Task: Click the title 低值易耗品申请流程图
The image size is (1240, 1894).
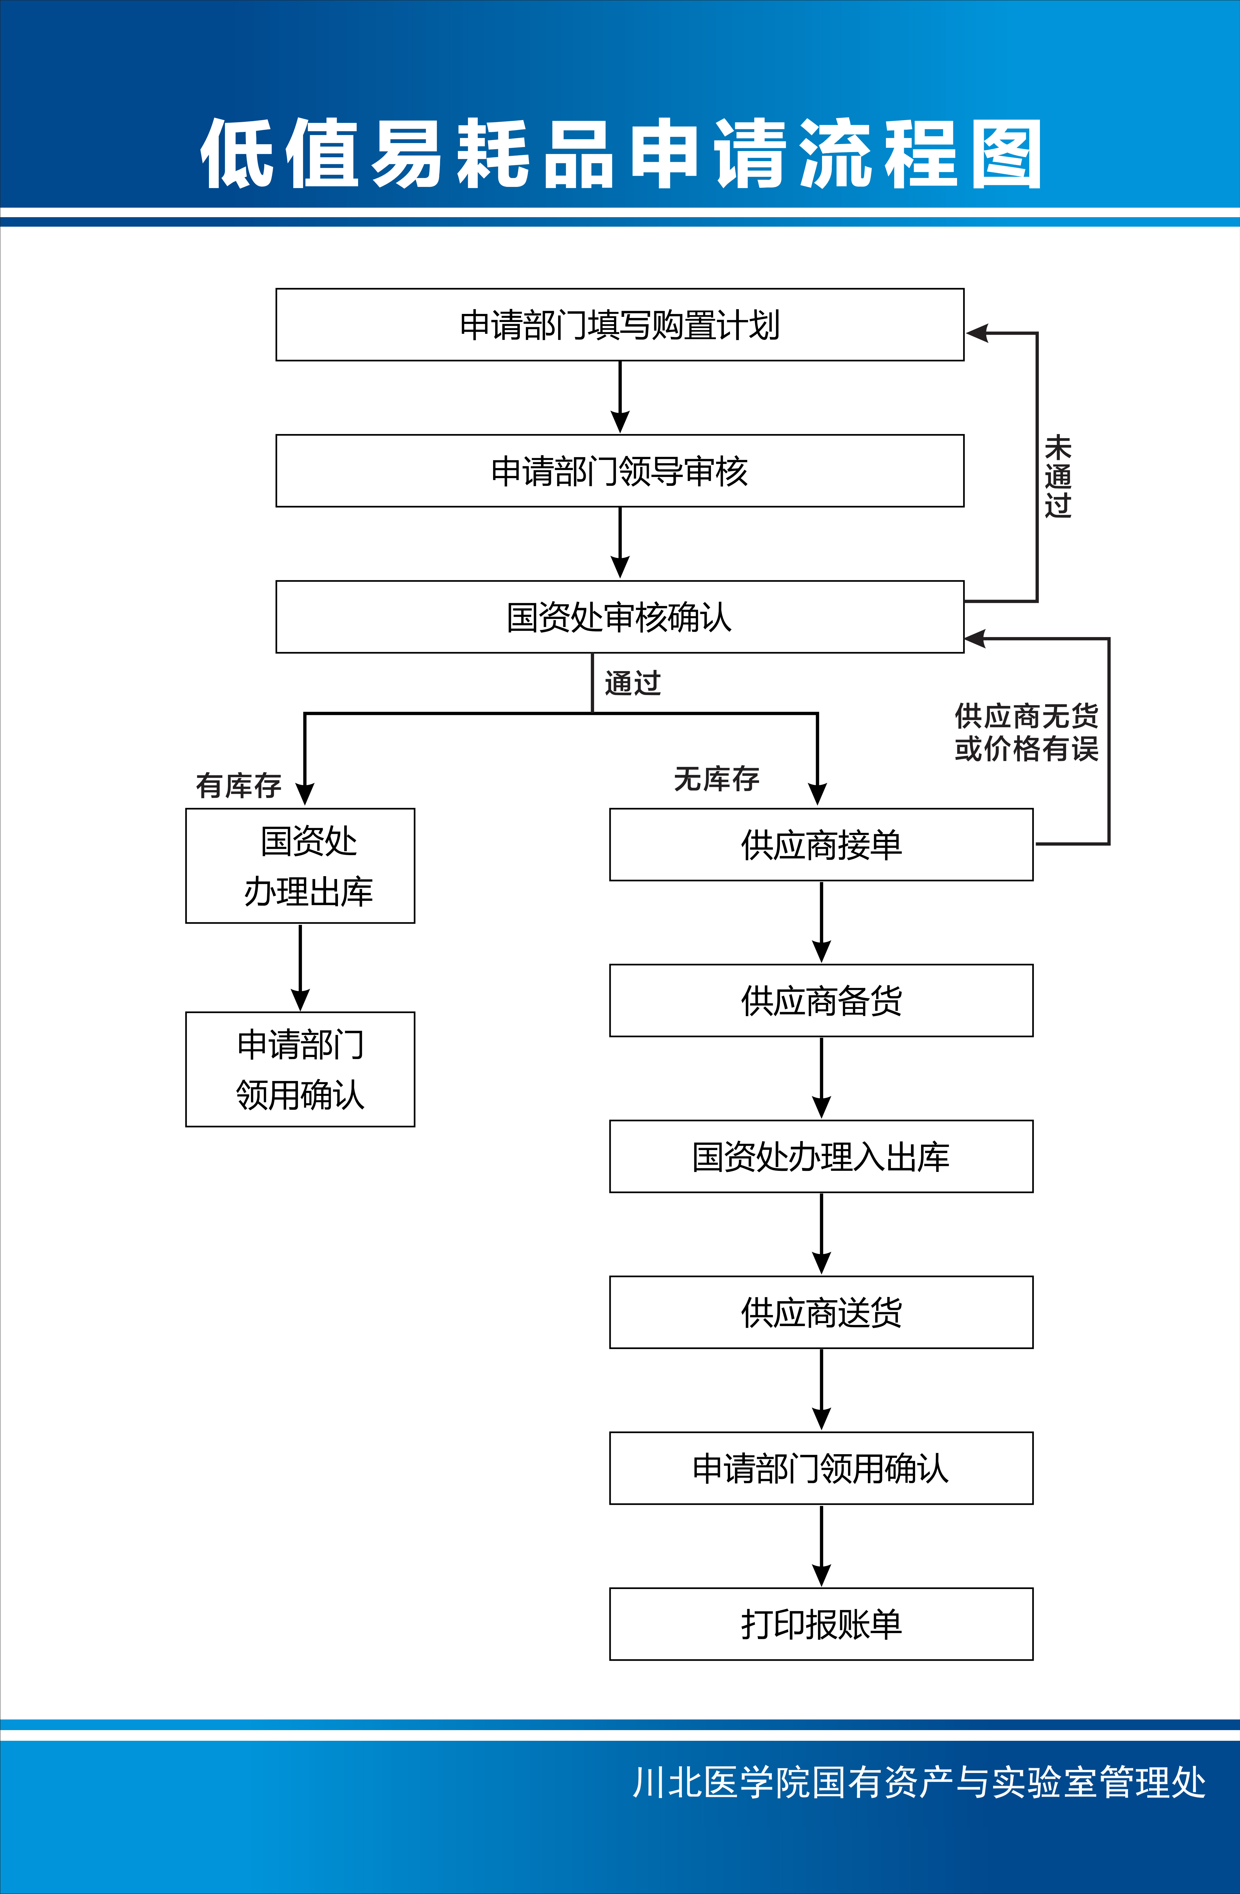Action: click(620, 154)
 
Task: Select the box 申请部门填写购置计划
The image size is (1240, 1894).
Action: click(620, 325)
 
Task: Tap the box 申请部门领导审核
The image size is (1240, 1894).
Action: click(620, 470)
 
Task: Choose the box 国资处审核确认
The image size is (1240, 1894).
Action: click(620, 617)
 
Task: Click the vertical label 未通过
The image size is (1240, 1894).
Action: click(1058, 476)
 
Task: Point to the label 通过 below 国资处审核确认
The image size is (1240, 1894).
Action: click(632, 683)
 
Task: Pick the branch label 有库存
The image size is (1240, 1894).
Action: click(239, 785)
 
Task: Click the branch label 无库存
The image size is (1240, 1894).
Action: click(716, 778)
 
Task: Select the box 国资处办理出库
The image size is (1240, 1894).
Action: click(300, 866)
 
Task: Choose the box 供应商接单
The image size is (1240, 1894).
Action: click(821, 844)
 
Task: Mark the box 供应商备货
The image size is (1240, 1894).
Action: click(821, 1000)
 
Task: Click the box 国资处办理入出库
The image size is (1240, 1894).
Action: click(821, 1156)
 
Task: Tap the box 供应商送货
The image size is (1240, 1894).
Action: click(821, 1312)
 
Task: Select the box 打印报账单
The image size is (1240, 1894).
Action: click(821, 1624)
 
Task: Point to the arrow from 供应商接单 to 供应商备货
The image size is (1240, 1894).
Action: click(821, 922)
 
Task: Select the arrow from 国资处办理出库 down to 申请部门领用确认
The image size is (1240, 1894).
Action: click(300, 967)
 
